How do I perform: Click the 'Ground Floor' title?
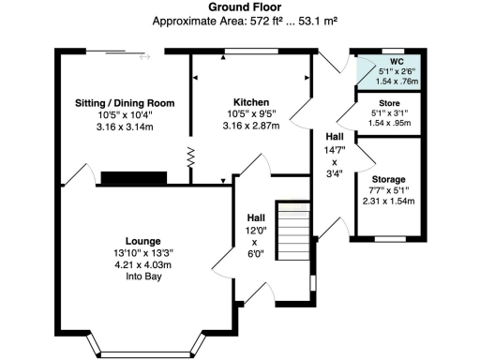pos(240,7)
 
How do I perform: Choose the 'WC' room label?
pos(386,60)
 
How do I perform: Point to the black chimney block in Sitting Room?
pos(134,178)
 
